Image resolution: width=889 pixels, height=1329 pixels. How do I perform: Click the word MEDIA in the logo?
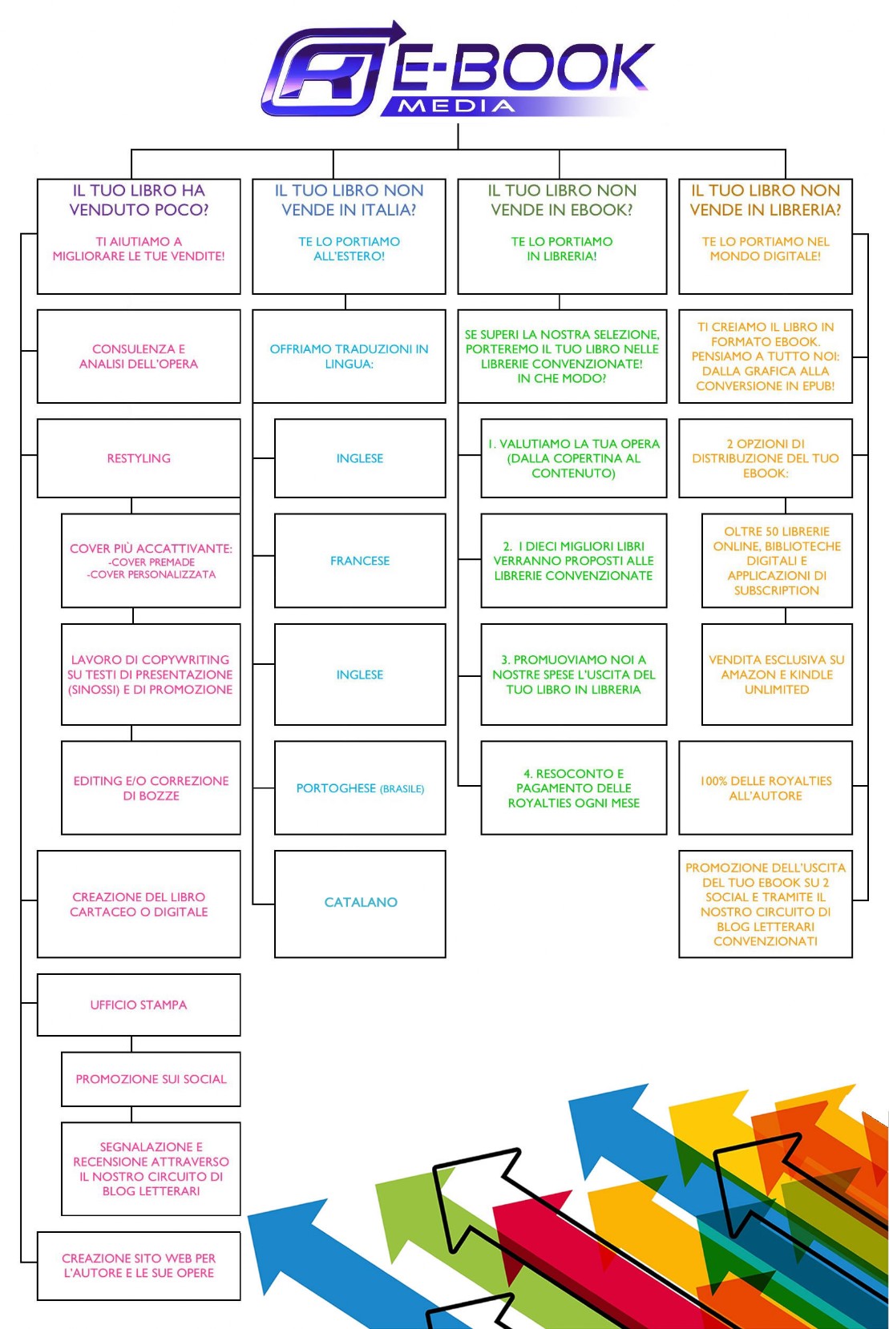(456, 107)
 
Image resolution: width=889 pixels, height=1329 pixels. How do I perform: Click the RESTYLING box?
(139, 458)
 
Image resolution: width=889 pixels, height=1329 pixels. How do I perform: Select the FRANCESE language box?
(360, 561)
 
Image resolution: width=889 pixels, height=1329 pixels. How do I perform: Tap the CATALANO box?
(360, 904)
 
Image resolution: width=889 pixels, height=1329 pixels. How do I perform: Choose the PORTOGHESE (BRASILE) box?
(360, 788)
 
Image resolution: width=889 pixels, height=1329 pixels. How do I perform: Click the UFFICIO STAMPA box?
(139, 1005)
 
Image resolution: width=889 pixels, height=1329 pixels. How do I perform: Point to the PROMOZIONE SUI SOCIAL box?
(151, 1079)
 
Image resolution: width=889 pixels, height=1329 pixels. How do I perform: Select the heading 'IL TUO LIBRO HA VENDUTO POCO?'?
(139, 200)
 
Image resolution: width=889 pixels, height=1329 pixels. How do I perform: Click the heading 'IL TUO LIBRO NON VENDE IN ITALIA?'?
(349, 200)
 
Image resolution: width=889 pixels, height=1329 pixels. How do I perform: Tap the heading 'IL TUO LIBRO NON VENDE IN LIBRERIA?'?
(765, 200)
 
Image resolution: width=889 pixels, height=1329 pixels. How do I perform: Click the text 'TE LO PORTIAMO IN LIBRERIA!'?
(562, 248)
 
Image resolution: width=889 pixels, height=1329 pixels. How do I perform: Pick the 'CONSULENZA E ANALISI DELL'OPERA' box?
(139, 356)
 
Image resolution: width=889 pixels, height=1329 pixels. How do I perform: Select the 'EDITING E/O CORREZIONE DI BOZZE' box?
(151, 788)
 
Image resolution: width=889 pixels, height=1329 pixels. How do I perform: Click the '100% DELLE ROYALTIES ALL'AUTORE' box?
(765, 788)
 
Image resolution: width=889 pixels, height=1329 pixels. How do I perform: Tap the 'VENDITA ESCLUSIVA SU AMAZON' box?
(777, 674)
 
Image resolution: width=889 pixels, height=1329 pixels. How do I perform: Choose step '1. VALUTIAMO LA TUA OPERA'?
(574, 458)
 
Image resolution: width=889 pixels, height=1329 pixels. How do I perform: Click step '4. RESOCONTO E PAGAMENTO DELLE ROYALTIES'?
(574, 788)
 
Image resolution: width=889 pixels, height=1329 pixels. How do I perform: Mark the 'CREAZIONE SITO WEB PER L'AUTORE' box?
(139, 1266)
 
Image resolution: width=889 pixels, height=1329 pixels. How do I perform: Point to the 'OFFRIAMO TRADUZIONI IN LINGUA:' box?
(349, 356)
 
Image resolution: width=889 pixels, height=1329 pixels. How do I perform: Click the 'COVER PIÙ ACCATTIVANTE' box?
(151, 561)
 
